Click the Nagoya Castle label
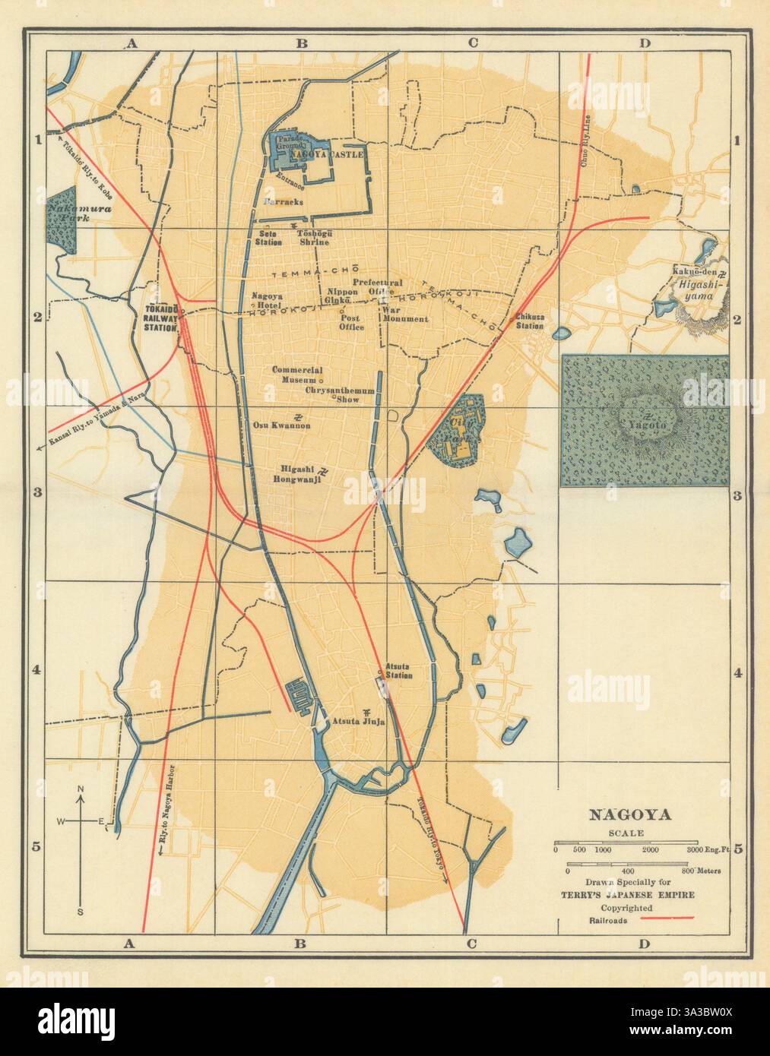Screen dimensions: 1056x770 (x=335, y=153)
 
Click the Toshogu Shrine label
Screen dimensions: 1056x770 (x=315, y=237)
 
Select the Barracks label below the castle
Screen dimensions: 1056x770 (x=284, y=202)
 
